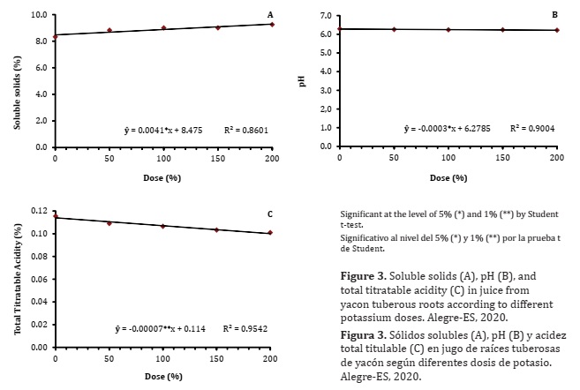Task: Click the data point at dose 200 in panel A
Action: coord(272,24)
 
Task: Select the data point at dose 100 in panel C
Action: coord(163,226)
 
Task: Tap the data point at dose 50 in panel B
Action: coord(394,29)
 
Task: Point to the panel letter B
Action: coord(554,15)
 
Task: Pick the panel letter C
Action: coord(270,214)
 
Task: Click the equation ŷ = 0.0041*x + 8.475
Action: coord(165,131)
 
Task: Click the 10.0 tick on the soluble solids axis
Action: coord(38,15)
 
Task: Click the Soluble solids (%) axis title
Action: coord(17,81)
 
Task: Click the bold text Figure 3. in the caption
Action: coord(365,276)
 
